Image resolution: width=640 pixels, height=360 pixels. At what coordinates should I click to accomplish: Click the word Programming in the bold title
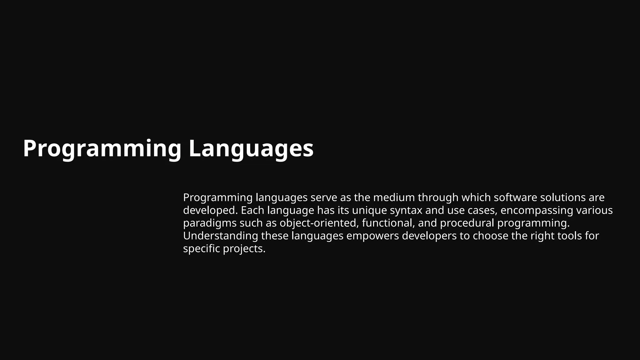[x=102, y=149]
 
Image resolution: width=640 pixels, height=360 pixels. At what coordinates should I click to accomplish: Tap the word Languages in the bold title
[x=251, y=149]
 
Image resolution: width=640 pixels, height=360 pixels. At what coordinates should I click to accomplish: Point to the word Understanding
[x=220, y=236]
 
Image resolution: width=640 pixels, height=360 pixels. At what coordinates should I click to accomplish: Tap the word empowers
[x=372, y=236]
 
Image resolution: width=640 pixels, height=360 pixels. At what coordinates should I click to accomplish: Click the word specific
[x=201, y=249]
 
